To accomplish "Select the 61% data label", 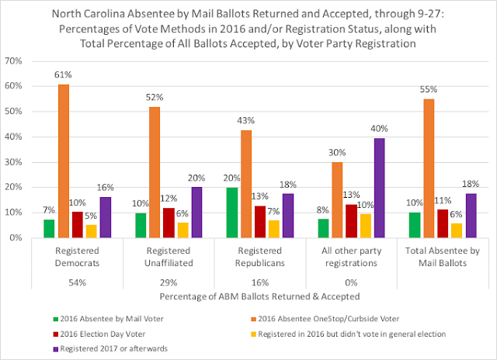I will click(63, 75).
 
